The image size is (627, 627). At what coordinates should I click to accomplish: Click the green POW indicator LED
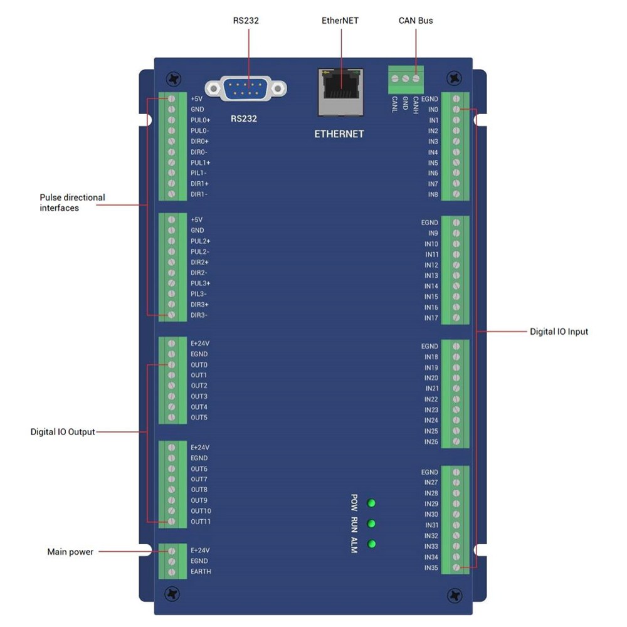pos(372,503)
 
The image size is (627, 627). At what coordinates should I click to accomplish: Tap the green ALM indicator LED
pos(372,544)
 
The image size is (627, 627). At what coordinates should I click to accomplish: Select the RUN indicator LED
pos(372,524)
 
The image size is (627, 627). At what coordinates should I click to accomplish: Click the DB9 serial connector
pos(246,89)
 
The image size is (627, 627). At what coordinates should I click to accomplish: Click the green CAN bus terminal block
pos(405,78)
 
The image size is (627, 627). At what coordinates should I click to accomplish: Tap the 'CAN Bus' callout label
pos(415,21)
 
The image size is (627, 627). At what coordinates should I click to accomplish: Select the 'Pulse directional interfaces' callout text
pos(72,203)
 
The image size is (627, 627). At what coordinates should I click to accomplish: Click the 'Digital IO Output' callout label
pos(63,432)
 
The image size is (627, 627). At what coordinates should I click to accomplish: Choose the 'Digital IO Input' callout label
pos(559,331)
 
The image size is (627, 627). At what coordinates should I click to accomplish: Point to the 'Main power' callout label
pos(70,552)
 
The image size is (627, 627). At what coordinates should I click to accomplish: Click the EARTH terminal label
pos(201,572)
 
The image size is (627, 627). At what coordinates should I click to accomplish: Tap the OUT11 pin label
pos(201,522)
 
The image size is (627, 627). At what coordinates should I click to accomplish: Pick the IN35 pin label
pos(431,568)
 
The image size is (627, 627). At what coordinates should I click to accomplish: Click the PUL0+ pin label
pos(201,120)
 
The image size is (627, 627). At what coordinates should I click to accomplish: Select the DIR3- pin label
pos(199,315)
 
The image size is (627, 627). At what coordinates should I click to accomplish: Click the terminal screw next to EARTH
pos(171,572)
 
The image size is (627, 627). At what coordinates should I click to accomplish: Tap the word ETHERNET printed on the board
pos(339,134)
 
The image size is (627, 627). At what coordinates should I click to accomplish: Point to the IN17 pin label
pos(431,319)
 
